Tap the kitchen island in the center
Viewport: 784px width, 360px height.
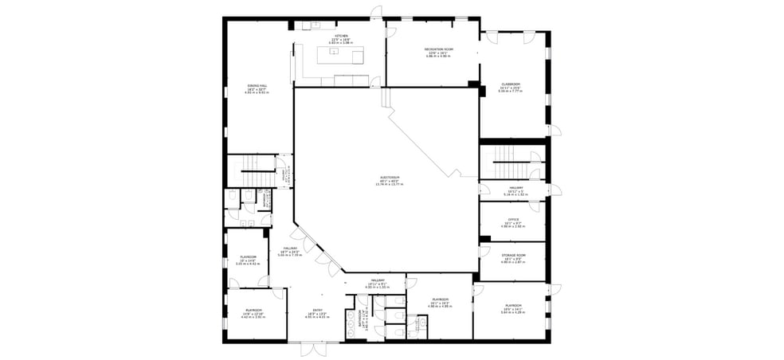340,55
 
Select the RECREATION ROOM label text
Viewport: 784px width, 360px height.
439,50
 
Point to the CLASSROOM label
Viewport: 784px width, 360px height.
511,84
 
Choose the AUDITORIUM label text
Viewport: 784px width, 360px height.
390,178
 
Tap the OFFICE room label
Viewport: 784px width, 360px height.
514,220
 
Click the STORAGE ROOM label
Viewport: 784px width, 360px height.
514,256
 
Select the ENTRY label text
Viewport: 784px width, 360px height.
317,312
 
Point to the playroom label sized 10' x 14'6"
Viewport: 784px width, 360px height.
248,258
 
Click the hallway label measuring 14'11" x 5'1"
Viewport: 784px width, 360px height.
378,282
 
